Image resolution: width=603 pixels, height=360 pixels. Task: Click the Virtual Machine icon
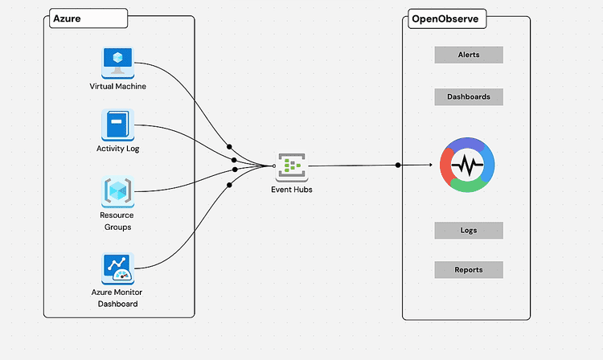click(x=117, y=62)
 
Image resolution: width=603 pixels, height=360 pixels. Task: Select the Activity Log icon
click(x=117, y=126)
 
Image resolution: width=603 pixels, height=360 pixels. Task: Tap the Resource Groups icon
click(x=117, y=192)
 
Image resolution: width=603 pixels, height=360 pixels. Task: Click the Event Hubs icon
click(x=292, y=166)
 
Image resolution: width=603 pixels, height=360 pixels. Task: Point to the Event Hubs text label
click(x=292, y=189)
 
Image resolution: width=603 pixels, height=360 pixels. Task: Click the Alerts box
click(x=469, y=55)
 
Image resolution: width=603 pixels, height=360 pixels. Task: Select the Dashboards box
click(x=469, y=96)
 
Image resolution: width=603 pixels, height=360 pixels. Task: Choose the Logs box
click(x=469, y=231)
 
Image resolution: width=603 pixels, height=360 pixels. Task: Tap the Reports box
click(x=469, y=270)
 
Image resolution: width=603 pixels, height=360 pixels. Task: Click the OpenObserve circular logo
click(x=467, y=166)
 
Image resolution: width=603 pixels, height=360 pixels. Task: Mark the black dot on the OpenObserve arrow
click(x=398, y=166)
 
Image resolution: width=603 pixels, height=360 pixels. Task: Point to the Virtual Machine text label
click(x=117, y=86)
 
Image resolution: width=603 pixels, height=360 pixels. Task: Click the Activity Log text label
click(x=117, y=149)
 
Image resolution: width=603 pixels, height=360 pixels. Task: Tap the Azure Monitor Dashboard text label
click(x=117, y=298)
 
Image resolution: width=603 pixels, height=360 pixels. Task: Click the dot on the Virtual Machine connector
click(x=230, y=147)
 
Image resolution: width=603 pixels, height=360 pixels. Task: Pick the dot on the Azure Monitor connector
click(x=229, y=186)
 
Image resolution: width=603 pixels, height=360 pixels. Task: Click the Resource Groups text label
click(x=117, y=221)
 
